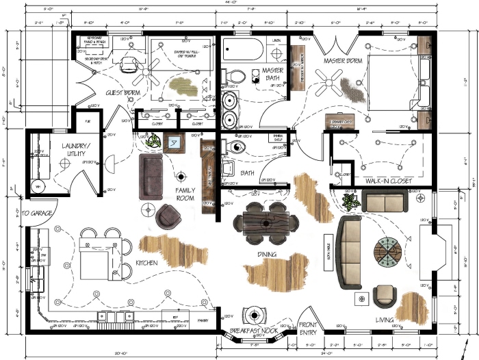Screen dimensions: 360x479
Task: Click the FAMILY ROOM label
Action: [185, 194]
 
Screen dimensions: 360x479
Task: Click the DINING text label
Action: [266, 255]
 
